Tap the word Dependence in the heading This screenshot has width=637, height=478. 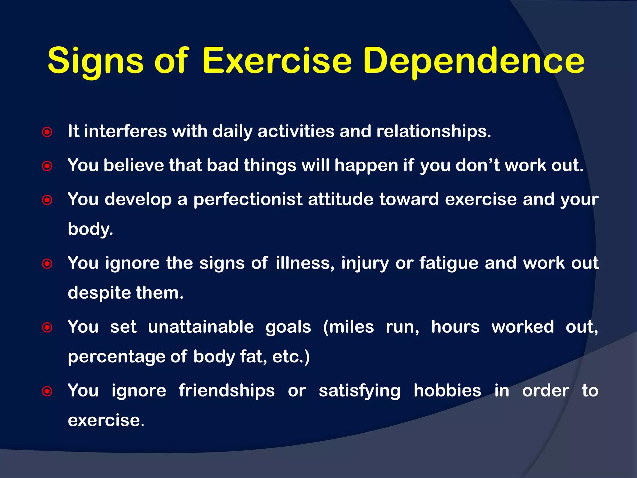(474, 61)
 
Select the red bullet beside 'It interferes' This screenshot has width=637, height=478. (47, 132)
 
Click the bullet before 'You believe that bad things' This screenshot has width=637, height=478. (47, 166)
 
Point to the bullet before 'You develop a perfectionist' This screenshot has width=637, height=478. (47, 200)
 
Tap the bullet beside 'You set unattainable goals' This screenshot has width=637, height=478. (47, 327)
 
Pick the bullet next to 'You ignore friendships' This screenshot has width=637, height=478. (47, 391)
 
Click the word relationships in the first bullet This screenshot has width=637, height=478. (433, 131)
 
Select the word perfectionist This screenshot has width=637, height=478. (248, 199)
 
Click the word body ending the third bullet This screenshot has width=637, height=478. (90, 229)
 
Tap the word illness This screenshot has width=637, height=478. (305, 263)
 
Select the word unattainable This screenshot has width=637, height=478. (201, 327)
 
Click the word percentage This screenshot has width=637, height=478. (116, 357)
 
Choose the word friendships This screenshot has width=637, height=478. (226, 391)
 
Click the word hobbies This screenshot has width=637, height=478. (447, 391)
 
